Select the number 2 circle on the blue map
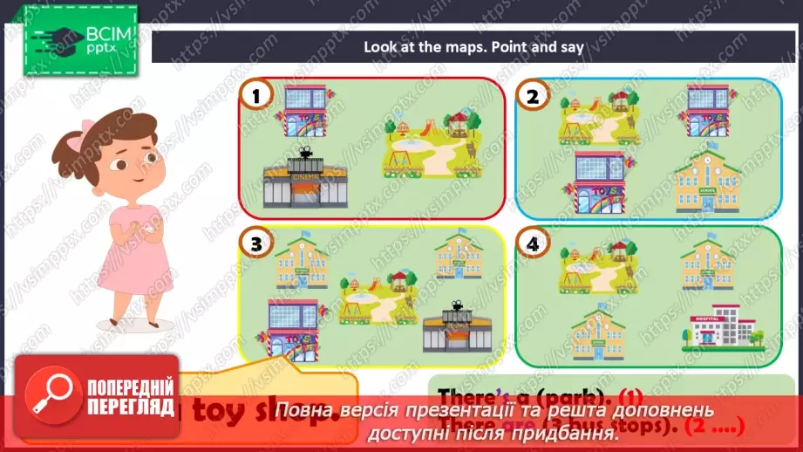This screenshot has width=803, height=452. [x=533, y=97]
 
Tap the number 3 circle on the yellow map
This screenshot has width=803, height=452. [x=255, y=245]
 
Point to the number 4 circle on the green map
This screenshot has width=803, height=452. [x=533, y=245]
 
